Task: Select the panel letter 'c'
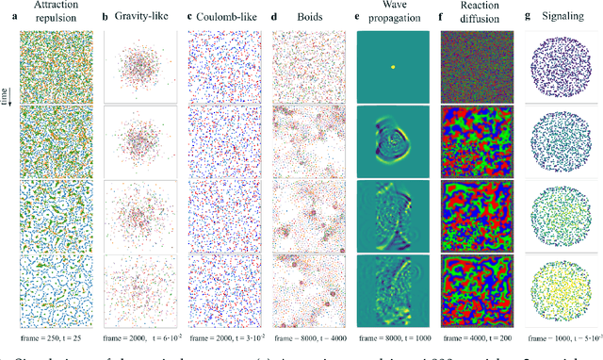click(191, 14)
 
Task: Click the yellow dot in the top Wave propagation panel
click(394, 66)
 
